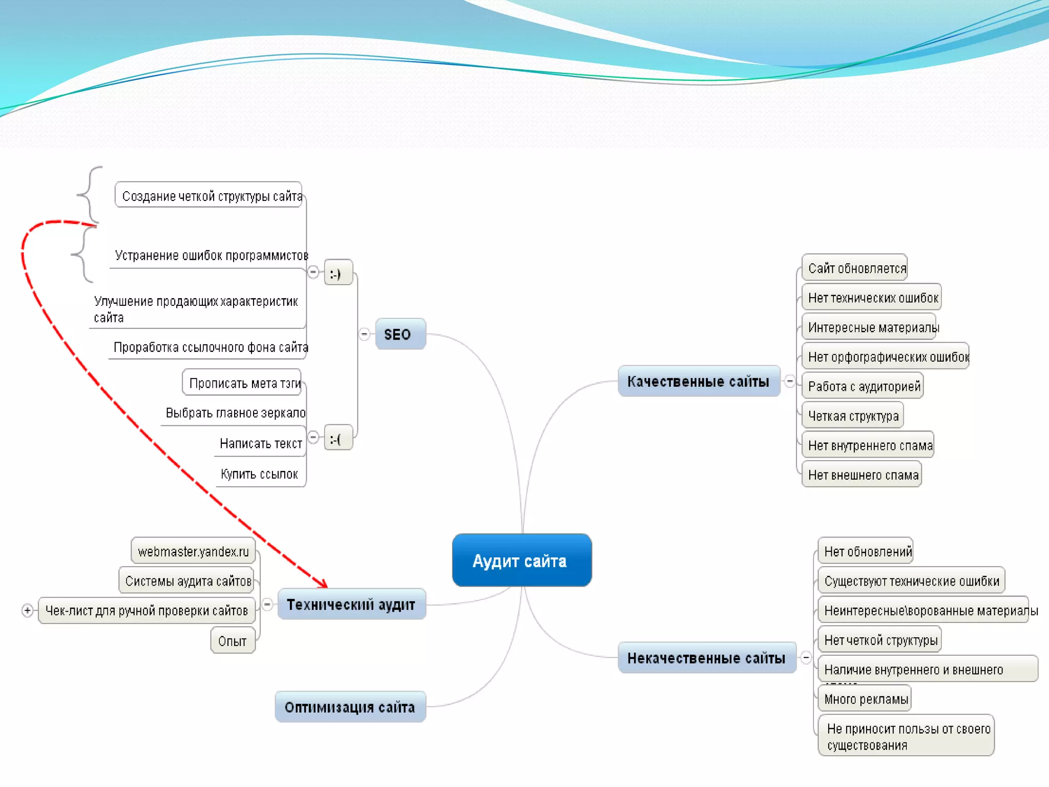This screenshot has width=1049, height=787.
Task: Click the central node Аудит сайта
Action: click(521, 560)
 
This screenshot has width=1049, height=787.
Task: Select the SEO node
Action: click(400, 334)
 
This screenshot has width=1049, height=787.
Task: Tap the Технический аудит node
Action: click(351, 605)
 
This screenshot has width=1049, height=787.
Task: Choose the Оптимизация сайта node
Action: click(350, 707)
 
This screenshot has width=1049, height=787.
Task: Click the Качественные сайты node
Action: click(699, 381)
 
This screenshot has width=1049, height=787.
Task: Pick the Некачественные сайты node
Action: click(707, 658)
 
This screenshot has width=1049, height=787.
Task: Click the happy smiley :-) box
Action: click(338, 273)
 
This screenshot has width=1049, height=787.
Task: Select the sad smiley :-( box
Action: click(338, 439)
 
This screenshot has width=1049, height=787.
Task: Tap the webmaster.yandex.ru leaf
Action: click(193, 551)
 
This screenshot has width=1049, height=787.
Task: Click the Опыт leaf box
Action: click(233, 641)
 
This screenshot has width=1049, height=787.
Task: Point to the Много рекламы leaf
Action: click(865, 699)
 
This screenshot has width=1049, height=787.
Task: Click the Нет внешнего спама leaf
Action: click(862, 475)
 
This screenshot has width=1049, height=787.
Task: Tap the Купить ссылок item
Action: click(259, 474)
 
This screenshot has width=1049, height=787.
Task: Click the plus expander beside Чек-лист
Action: click(28, 610)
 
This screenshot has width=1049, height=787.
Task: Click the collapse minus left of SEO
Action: click(364, 334)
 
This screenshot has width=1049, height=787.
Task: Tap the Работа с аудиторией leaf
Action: click(863, 386)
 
